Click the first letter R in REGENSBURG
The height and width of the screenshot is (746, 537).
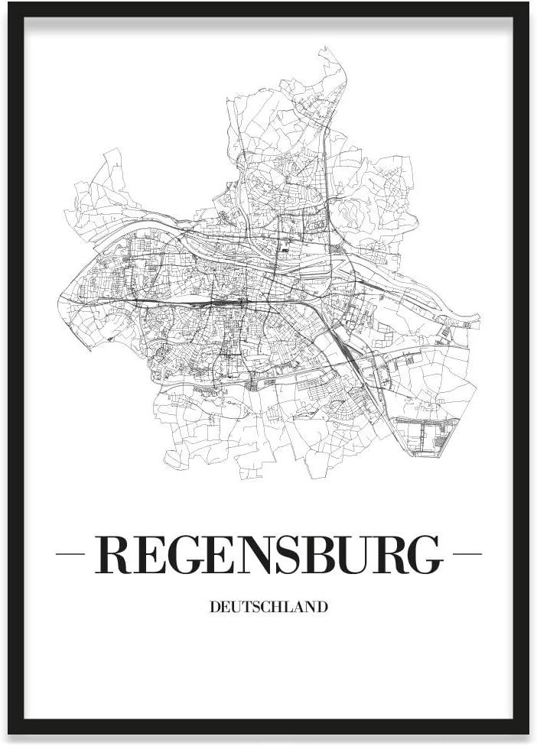coord(112,555)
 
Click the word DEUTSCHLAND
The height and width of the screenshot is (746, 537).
coord(268,608)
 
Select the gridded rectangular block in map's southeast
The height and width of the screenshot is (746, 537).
coord(425,436)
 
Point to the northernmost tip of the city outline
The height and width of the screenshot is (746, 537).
coord(330,48)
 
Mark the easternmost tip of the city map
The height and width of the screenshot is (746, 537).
coord(479,319)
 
